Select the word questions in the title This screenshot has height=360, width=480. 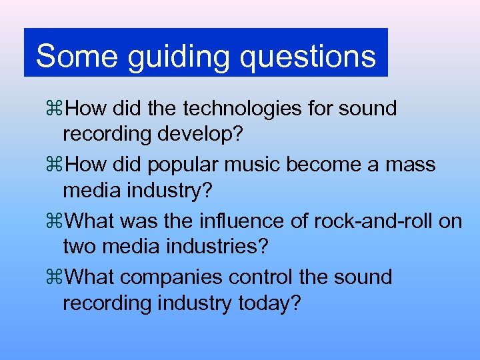pos(308,57)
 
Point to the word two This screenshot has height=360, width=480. pos(80,247)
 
